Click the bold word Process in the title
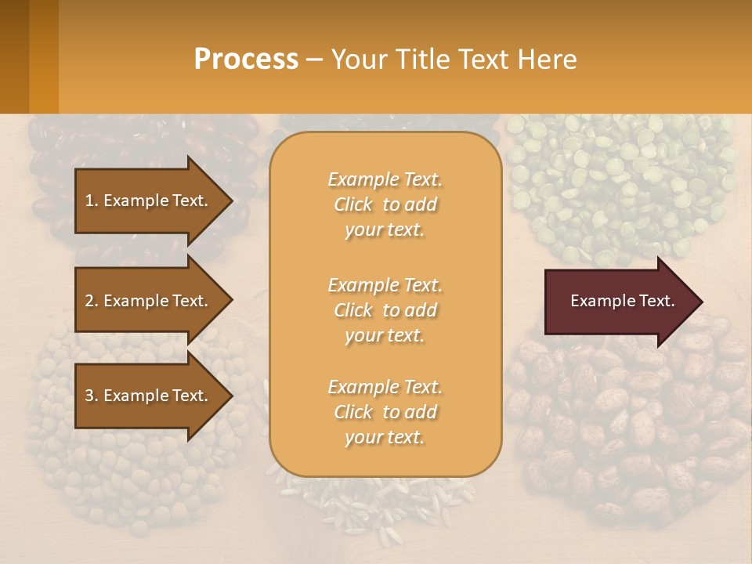pos(246,59)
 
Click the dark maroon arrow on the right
pos(619,301)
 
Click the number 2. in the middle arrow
pos(92,301)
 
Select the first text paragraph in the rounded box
pos(385,204)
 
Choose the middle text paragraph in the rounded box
pos(385,310)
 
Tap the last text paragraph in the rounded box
pos(385,412)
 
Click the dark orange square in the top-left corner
pos(29,56)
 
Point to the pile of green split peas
pos(619,180)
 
